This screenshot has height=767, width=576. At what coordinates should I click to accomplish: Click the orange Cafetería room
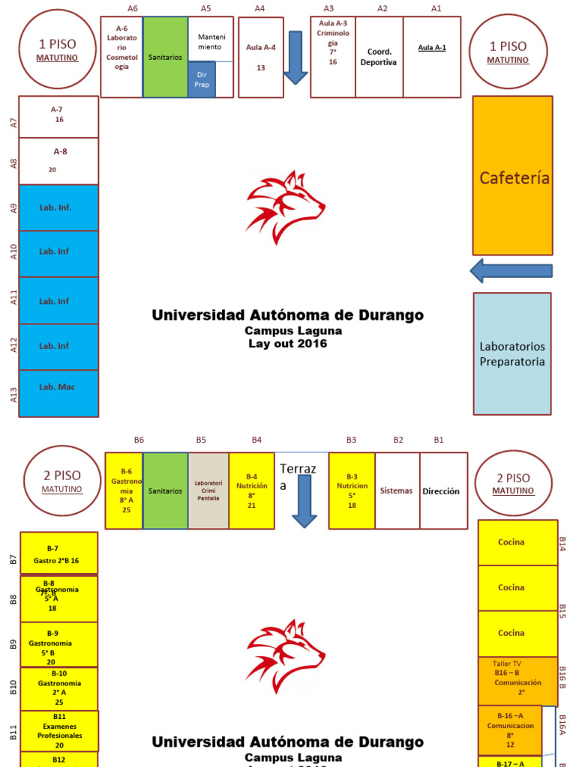[512, 176]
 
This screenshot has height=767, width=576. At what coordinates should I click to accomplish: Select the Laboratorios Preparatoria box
[512, 354]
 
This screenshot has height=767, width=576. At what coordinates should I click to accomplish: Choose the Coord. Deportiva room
[379, 57]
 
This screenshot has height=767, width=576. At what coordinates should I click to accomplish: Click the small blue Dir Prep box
[202, 79]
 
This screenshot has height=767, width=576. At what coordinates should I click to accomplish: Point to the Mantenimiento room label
[211, 42]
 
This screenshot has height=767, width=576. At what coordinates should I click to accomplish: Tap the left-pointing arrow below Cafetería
[511, 270]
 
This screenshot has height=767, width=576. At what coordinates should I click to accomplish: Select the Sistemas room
[397, 491]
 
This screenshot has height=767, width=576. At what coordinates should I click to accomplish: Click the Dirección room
[443, 491]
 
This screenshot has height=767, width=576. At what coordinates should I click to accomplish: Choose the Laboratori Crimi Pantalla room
[208, 491]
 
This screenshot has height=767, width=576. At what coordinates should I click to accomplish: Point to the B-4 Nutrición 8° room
[252, 491]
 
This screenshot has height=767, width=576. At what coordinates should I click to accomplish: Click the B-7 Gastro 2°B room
[58, 554]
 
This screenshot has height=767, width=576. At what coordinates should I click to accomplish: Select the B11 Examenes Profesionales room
[59, 731]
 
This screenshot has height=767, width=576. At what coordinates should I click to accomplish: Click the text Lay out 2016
[287, 344]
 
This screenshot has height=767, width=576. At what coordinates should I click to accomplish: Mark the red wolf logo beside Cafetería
[285, 207]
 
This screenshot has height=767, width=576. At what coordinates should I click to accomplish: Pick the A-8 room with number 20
[58, 160]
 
